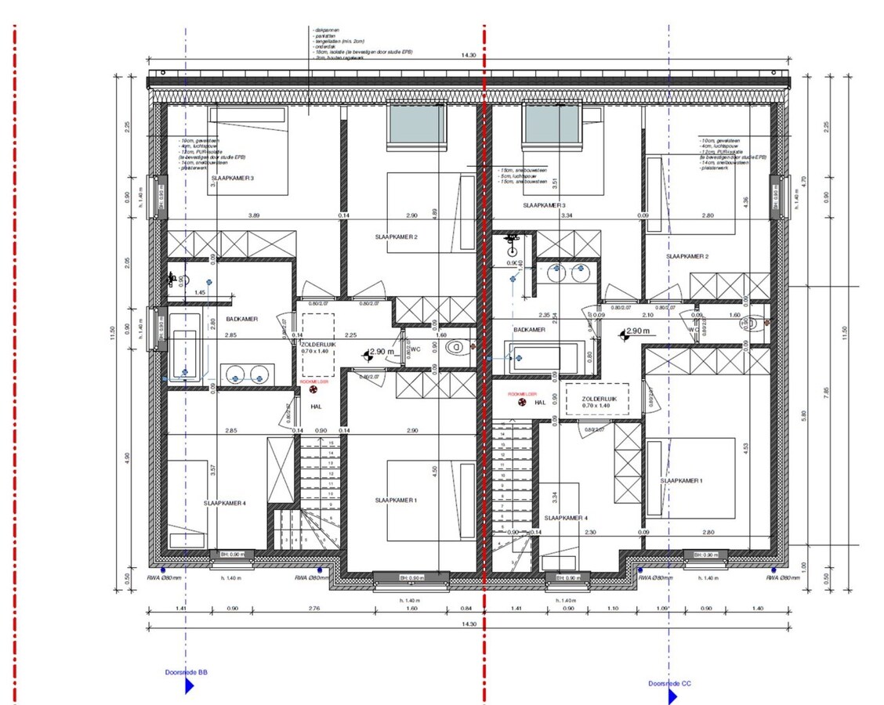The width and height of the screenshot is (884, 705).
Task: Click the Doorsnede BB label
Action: tap(186, 672)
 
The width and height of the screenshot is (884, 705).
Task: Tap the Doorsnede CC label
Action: tap(669, 683)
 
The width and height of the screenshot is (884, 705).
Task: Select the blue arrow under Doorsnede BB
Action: tap(190, 687)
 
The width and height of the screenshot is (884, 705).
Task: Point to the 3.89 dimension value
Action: tap(254, 215)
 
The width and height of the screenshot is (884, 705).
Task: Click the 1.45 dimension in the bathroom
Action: tap(200, 292)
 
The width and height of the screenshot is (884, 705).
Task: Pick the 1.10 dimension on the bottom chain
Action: tap(612, 608)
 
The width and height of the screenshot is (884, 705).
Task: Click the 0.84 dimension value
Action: tap(466, 608)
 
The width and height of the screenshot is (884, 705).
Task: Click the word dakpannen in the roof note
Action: tap(327, 30)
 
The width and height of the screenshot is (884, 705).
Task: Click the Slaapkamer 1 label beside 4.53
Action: tap(681, 480)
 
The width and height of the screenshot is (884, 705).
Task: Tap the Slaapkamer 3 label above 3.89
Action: tap(232, 178)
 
